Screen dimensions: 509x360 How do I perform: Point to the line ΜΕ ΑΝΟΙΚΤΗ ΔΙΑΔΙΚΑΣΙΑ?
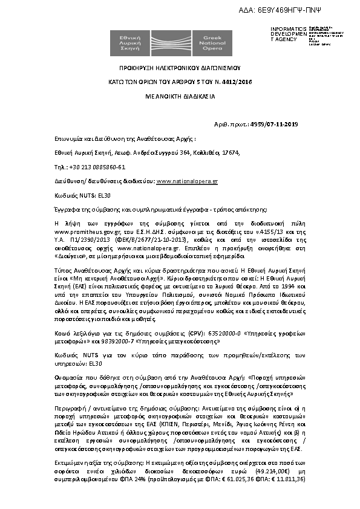(180, 96)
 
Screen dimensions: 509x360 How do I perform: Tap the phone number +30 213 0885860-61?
(97, 167)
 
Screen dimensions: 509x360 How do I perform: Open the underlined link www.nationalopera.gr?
(188, 181)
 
